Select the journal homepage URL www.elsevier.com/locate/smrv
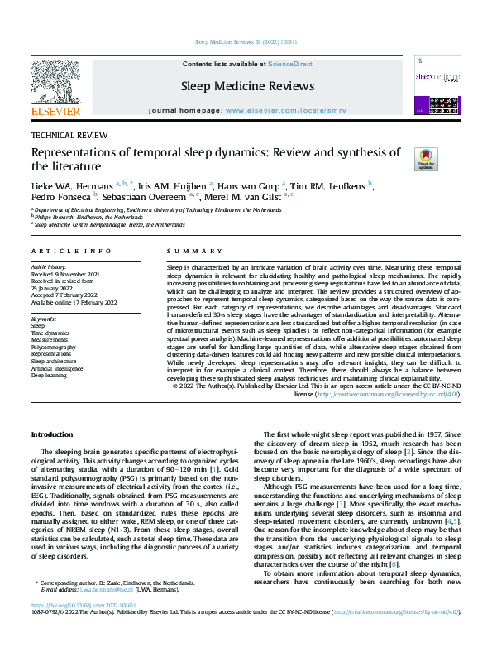[284, 110]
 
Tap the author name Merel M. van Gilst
[244, 198]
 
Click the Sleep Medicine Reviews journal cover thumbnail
[437, 83]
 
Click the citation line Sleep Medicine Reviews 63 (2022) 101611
[246, 41]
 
